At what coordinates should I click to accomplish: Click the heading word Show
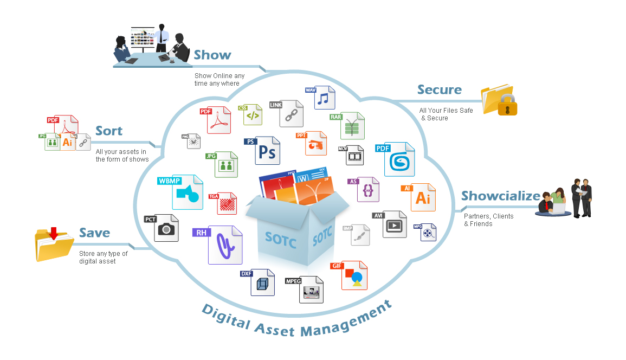[x=212, y=55]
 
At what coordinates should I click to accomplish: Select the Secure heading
[x=439, y=90]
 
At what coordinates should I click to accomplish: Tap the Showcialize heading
[x=500, y=196]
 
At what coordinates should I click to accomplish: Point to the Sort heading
[x=109, y=131]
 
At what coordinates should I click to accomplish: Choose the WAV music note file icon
[x=323, y=98]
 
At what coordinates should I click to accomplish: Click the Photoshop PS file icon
[x=267, y=151]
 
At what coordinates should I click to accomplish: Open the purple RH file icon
[x=224, y=245]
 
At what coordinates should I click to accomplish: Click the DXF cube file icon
[x=262, y=282]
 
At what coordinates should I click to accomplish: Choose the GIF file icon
[x=354, y=276]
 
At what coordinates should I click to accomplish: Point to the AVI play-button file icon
[x=394, y=224]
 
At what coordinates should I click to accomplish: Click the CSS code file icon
[x=252, y=115]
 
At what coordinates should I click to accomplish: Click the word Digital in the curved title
[x=226, y=317]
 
